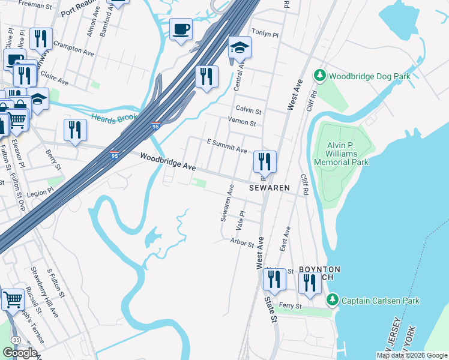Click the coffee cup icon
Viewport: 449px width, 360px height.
[x=181, y=29]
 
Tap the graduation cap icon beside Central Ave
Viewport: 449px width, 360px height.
[x=240, y=47]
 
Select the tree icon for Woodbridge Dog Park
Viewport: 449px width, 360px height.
[x=320, y=76]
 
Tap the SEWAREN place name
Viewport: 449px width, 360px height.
[x=270, y=188]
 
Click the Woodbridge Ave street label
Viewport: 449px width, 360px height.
[x=168, y=161]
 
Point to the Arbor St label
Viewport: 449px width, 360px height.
[x=243, y=242]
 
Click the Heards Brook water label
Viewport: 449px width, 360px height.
[x=115, y=117]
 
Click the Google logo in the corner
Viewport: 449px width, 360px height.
[x=20, y=353]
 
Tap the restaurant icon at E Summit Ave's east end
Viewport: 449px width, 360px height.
[x=264, y=161]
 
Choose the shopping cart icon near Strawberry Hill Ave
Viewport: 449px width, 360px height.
[x=13, y=299]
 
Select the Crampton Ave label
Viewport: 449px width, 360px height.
[x=74, y=44]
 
